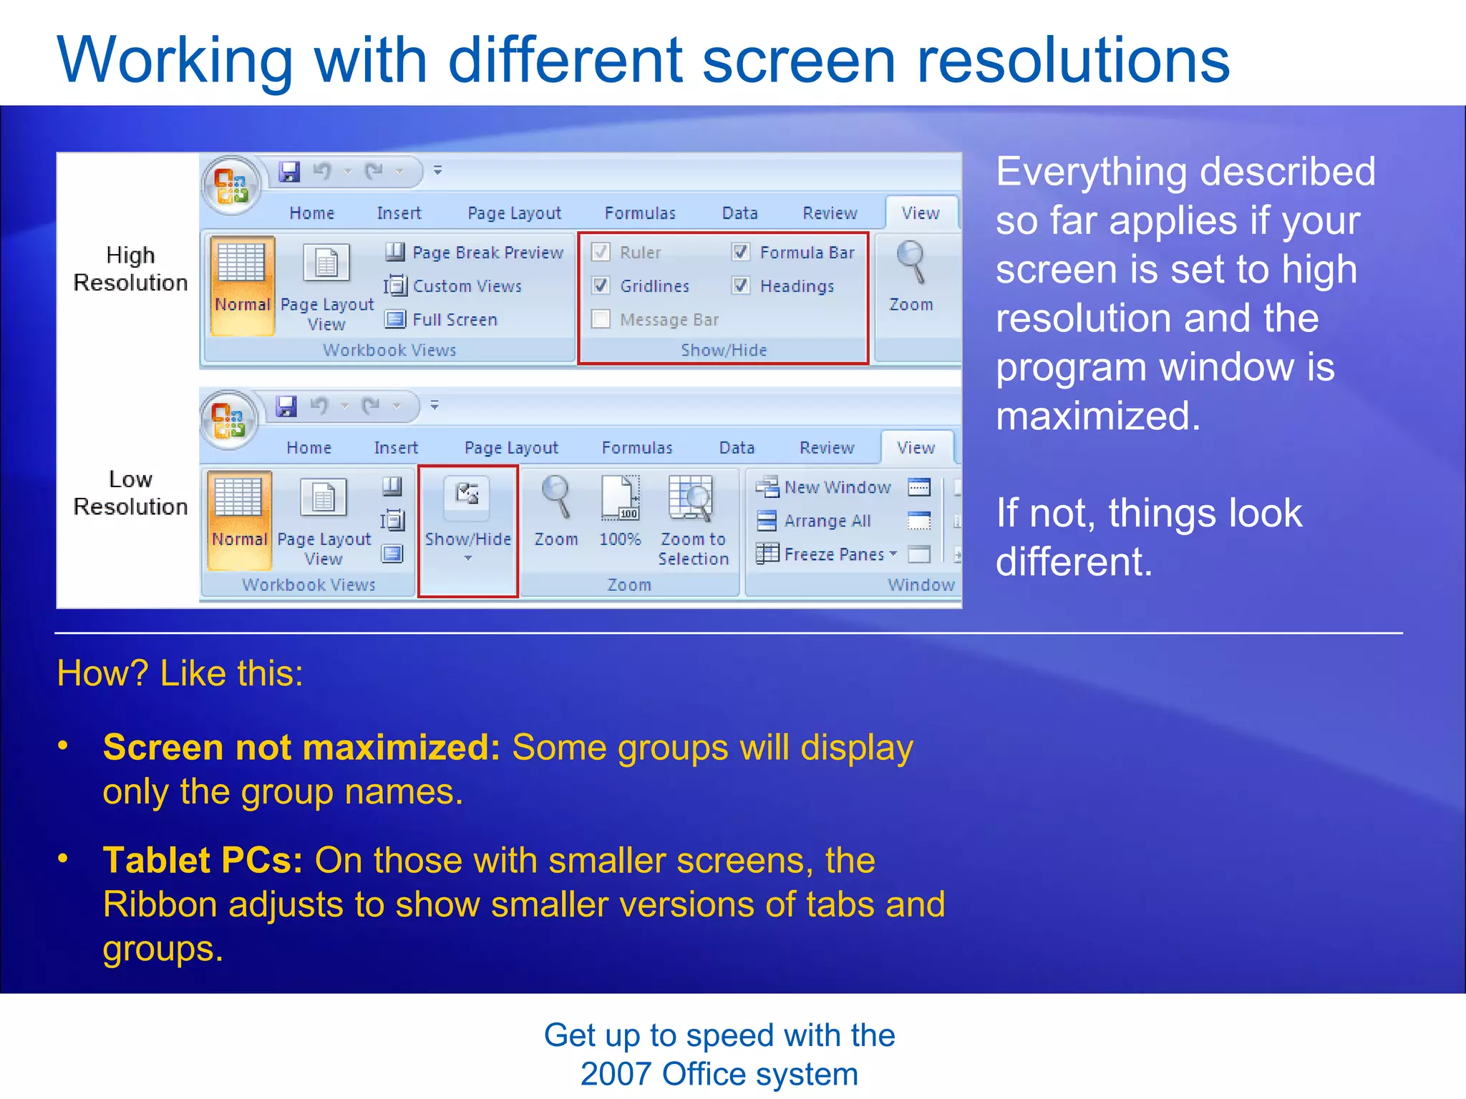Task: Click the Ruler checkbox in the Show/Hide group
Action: coord(601,252)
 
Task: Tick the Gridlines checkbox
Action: coord(601,285)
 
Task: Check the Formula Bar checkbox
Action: coord(741,252)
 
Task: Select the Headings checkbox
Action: coord(741,285)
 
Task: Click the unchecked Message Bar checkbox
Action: coord(601,319)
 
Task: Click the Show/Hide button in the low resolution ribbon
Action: coord(467,515)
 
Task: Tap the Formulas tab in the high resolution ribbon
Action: coord(640,213)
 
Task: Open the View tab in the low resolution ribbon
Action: coord(916,448)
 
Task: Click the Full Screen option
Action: coord(453,319)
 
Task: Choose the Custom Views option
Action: coord(466,285)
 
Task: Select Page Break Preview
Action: coord(487,252)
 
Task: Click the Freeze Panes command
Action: coord(833,554)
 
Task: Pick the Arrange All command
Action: coord(826,520)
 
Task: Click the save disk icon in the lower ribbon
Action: coord(286,406)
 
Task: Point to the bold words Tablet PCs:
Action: coord(203,860)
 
